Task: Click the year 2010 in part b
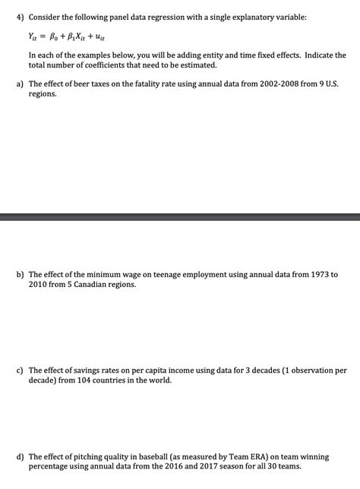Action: (39, 284)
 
